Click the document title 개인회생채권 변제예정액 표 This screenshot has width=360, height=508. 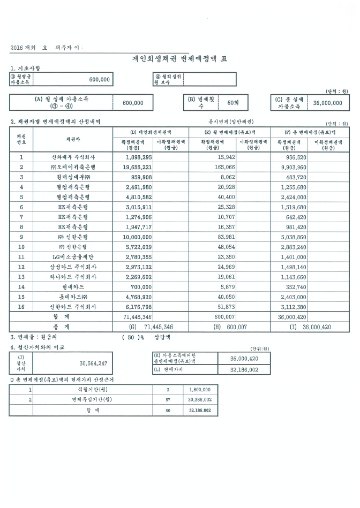(180, 58)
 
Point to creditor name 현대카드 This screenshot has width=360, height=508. (73, 286)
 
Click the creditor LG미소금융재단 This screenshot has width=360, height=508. (73, 256)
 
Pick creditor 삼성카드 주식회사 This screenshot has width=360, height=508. (73, 267)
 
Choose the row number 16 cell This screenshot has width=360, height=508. (21, 306)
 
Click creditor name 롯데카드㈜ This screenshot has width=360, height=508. (73, 297)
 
